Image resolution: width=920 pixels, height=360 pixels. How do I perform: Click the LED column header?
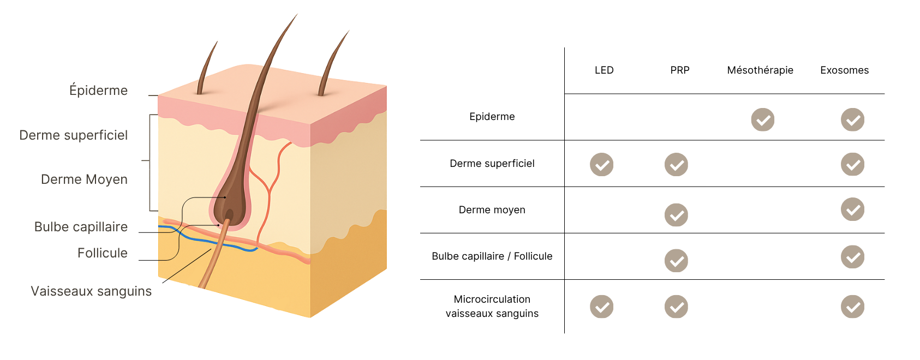coord(604,70)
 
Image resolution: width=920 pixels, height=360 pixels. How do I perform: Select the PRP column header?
coord(680,70)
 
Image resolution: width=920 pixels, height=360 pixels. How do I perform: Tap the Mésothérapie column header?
coord(760,70)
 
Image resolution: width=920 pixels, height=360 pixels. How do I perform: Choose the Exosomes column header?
coord(845,70)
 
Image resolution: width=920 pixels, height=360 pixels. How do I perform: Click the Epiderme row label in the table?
coord(492,117)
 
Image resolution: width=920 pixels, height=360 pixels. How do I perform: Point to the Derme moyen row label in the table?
coord(492,210)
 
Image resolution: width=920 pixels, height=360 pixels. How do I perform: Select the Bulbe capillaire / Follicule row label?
coord(492,256)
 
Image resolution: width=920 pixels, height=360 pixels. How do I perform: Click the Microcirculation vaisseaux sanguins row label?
coord(492,306)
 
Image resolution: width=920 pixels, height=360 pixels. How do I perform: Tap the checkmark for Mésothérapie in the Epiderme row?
coord(763,119)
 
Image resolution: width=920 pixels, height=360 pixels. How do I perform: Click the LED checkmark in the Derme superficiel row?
coord(602,165)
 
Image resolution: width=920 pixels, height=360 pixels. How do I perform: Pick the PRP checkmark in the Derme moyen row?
coord(676,215)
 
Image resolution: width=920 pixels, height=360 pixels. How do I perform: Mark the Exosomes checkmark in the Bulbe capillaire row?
coord(853,257)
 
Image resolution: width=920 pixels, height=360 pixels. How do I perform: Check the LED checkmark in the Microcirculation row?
coord(602,307)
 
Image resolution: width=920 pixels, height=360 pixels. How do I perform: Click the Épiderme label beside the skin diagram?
coord(99,90)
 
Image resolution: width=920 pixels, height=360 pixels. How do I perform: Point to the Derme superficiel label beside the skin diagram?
coord(74,135)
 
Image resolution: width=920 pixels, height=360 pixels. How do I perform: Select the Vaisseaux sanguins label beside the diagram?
coord(91,291)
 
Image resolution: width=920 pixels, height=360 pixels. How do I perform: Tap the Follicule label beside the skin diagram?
coord(103,253)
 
